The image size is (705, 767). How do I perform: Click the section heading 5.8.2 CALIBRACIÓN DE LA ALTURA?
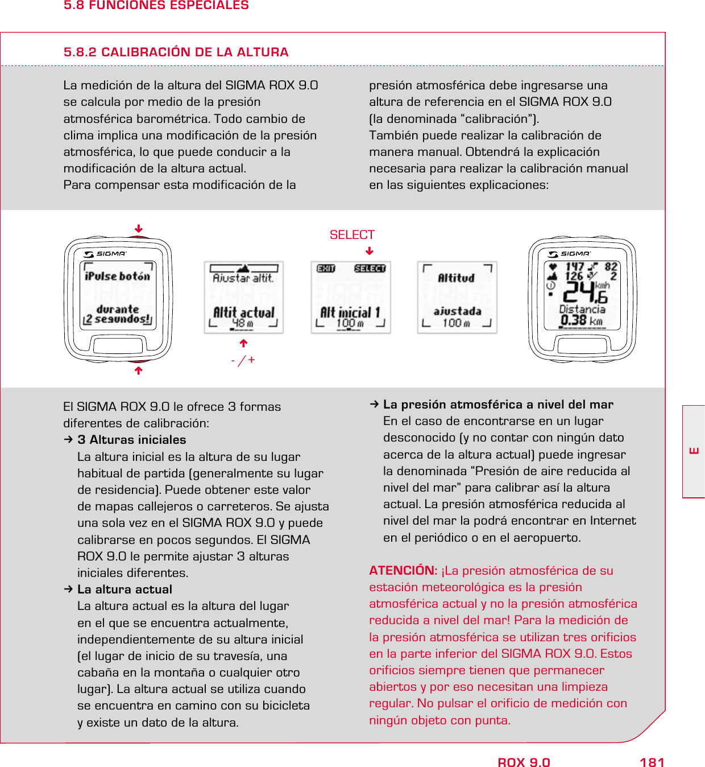pyautogui.click(x=176, y=52)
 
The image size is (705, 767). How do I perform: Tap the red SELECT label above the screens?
pyautogui.click(x=352, y=235)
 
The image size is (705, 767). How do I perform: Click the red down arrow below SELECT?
pyautogui.click(x=370, y=251)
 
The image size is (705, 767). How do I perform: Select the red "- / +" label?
pyautogui.click(x=243, y=360)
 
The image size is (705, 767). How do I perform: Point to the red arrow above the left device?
pyautogui.click(x=138, y=229)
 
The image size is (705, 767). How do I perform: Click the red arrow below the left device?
pyautogui.click(x=138, y=370)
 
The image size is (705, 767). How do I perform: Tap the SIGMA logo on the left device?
pyautogui.click(x=106, y=254)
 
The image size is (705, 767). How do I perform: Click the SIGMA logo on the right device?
pyautogui.click(x=570, y=254)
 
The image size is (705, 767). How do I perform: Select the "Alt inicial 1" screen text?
pyautogui.click(x=350, y=312)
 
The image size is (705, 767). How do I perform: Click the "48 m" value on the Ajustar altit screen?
pyautogui.click(x=243, y=323)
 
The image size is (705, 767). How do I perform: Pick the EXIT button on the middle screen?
pyautogui.click(x=326, y=269)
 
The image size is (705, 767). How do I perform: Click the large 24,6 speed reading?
pyautogui.click(x=584, y=292)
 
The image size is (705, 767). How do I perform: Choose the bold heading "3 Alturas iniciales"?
pyautogui.click(x=131, y=440)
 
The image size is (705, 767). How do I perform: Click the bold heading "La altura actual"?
pyautogui.click(x=125, y=589)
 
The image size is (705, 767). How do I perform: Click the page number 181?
pyautogui.click(x=652, y=762)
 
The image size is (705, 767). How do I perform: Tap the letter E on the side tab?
pyautogui.click(x=694, y=451)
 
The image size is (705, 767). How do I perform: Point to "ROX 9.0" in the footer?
pyautogui.click(x=524, y=762)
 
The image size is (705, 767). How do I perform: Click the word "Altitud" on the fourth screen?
pyautogui.click(x=456, y=278)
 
